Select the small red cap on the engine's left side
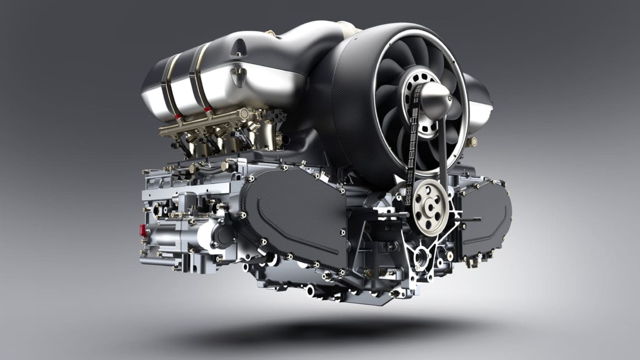pyautogui.click(x=143, y=229)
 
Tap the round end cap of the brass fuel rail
pyautogui.click(x=245, y=114)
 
